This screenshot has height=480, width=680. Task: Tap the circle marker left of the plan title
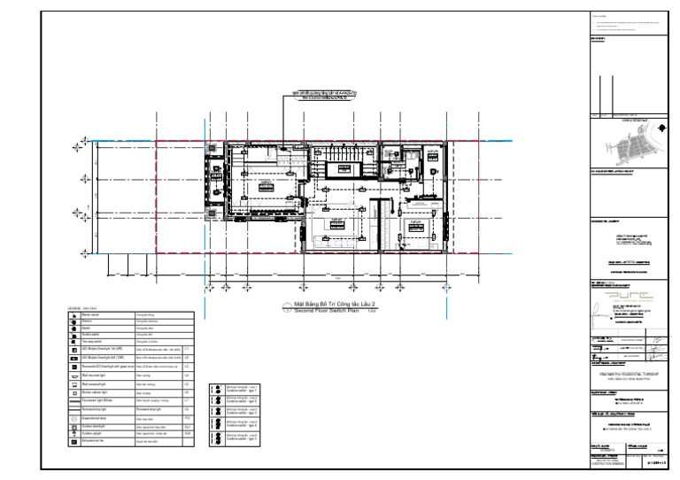click(x=286, y=306)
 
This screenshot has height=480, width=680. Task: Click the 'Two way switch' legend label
click(x=95, y=341)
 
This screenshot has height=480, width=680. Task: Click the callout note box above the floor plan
click(x=314, y=95)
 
